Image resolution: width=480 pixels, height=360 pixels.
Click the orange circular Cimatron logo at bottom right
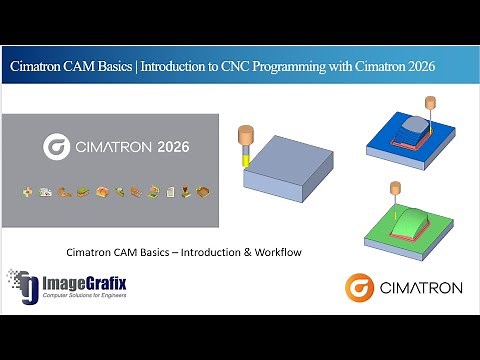point(360,288)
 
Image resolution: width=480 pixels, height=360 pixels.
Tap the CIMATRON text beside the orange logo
point(421,289)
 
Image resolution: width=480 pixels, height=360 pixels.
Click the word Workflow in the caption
point(272,251)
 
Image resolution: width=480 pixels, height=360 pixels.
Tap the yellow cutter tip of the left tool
point(245,158)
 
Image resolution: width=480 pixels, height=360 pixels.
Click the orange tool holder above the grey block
point(245,137)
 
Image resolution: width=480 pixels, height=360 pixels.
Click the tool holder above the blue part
point(431,102)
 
